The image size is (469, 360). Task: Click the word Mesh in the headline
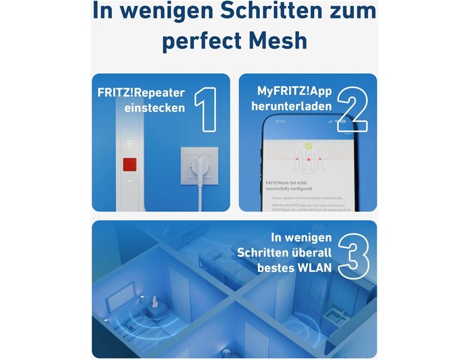coord(277,41)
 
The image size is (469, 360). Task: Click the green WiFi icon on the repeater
coord(129,143)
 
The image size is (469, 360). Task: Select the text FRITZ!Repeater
coord(141,92)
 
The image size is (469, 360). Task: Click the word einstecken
coord(154,108)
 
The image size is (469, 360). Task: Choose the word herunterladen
coord(291,106)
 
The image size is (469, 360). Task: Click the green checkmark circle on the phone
coord(309,147)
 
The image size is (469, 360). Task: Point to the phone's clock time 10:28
coord(279,121)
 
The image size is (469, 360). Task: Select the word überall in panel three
coord(309,253)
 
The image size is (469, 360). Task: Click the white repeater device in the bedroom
coord(155,300)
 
